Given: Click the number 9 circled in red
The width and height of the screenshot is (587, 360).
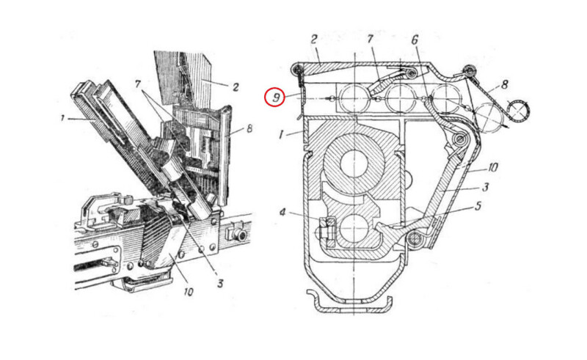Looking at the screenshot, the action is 276,98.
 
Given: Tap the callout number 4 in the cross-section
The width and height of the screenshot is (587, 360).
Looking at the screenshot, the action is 282,213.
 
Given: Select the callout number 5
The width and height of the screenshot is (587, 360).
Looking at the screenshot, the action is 478,205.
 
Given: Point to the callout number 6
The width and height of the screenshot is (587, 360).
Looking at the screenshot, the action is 415,40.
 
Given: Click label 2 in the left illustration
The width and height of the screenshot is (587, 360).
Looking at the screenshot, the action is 236,87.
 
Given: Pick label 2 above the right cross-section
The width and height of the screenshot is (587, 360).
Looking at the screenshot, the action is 314,39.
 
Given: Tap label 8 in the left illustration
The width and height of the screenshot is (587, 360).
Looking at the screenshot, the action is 249,129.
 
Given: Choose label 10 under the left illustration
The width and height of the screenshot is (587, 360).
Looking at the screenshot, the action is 189,292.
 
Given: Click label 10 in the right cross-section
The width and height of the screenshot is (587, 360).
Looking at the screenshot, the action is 492,167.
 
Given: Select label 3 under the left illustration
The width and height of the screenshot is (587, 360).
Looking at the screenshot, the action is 220,283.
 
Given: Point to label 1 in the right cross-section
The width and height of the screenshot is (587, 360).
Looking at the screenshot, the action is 282,134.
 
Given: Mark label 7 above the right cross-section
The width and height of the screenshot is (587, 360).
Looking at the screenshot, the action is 371,39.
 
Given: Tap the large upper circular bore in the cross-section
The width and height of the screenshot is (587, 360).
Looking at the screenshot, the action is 354,164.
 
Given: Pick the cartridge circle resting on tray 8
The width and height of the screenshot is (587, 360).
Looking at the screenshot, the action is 488,118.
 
